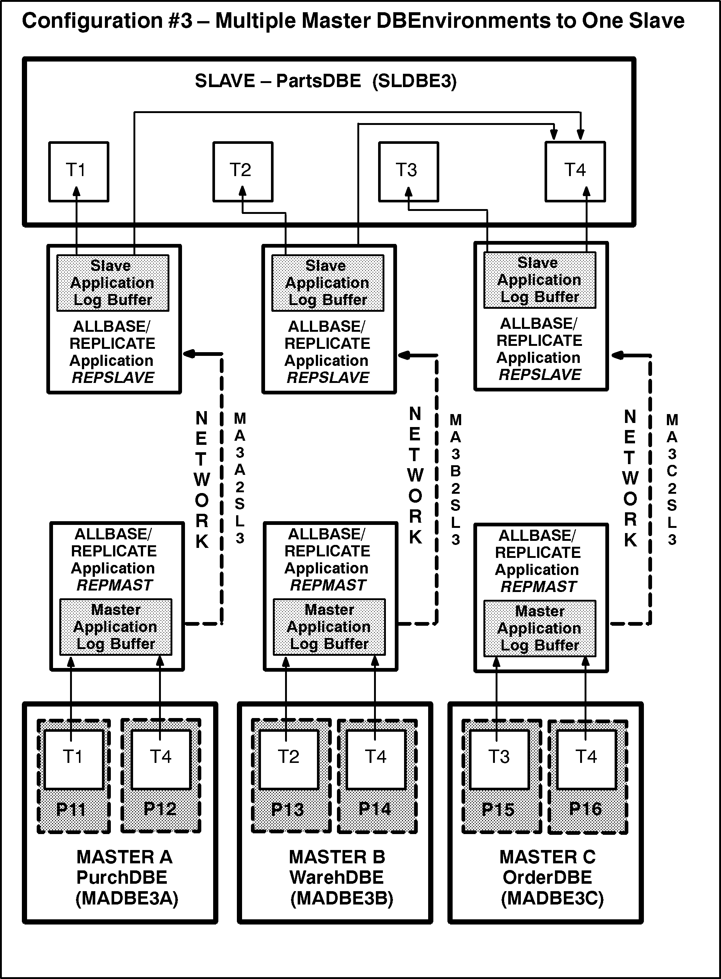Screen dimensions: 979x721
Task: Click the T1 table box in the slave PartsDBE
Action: pos(79,172)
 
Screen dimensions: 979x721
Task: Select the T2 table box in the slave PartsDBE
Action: pos(243,172)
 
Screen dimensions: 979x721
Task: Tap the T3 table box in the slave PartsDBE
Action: pos(408,172)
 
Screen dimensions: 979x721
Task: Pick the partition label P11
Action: pos(71,810)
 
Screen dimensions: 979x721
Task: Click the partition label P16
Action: pos(586,809)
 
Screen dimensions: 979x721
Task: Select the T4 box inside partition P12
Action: pos(161,759)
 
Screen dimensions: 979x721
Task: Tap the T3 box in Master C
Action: pos(499,759)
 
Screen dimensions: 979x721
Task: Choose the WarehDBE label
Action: pos(337,877)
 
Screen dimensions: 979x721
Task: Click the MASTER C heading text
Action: pos(547,857)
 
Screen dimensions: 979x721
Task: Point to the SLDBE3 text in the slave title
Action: pos(414,81)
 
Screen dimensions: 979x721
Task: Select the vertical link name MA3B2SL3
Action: pos(455,479)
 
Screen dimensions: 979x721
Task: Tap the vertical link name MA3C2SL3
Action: pos(672,479)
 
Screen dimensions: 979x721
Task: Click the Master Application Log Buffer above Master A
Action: pos(116,627)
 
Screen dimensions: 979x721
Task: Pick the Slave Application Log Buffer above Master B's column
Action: pos(327,283)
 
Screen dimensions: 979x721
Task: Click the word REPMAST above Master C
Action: pos(539,586)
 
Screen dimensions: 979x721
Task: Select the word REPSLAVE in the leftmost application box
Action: pos(113,377)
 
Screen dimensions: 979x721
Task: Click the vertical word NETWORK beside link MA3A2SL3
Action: pos(201,479)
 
